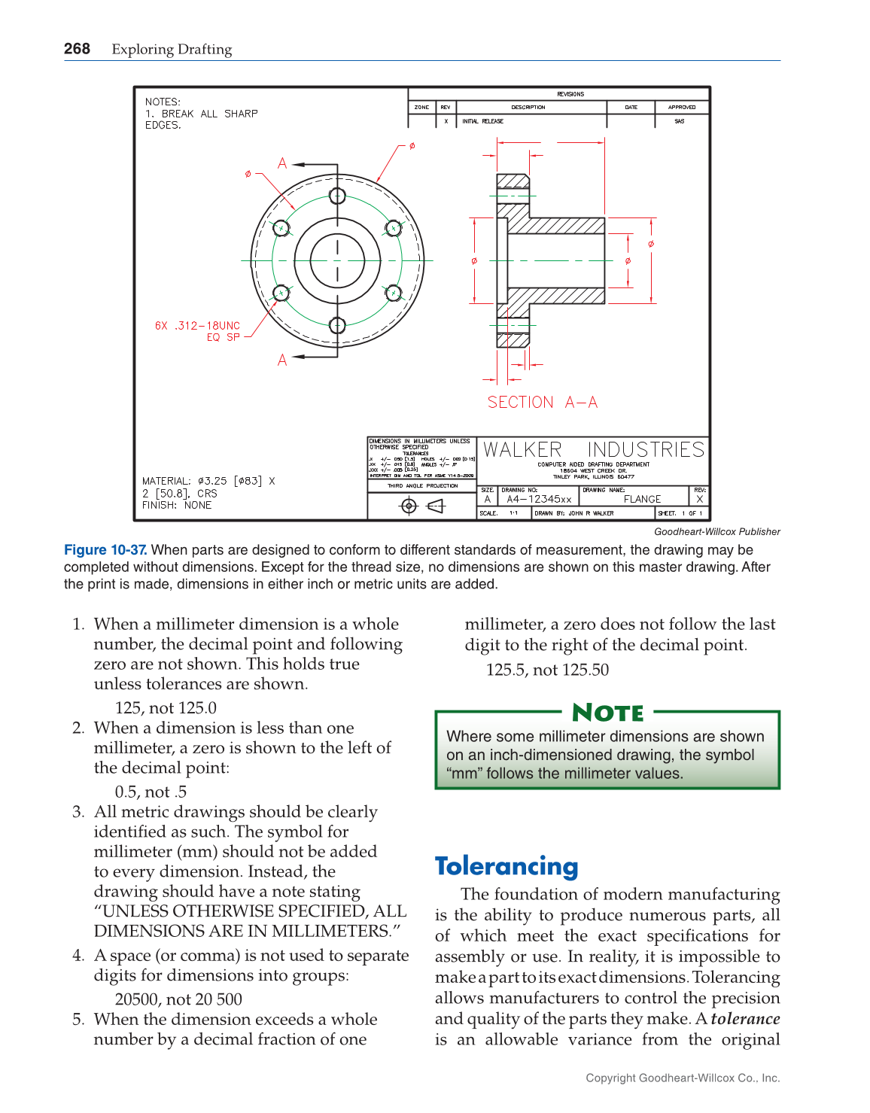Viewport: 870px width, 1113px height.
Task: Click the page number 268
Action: [77, 49]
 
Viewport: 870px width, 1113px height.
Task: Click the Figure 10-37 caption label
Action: [105, 550]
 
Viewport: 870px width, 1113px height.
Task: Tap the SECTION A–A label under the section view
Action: [542, 403]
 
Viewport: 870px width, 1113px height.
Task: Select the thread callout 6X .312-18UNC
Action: [197, 326]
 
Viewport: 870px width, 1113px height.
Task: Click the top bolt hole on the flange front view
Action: [337, 196]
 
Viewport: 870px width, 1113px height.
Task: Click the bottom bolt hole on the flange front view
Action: [337, 325]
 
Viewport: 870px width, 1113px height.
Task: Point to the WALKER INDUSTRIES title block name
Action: [593, 450]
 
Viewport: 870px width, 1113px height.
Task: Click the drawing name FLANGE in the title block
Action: [642, 499]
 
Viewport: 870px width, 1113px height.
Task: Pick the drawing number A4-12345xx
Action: [539, 499]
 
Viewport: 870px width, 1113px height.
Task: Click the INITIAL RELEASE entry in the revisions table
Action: [482, 121]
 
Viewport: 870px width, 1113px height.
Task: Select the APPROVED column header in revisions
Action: [681, 108]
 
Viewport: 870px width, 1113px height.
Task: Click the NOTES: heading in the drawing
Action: [163, 102]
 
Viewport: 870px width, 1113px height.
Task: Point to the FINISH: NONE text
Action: [177, 505]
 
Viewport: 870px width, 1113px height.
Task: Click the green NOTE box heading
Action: [607, 712]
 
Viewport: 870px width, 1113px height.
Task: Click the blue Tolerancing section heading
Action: [506, 866]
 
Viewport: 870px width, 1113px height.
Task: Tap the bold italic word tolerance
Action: [744, 1019]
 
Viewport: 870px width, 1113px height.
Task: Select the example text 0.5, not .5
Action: [151, 792]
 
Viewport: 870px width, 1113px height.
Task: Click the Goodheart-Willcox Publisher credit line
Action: [716, 531]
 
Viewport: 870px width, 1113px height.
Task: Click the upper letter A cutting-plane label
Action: [282, 163]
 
